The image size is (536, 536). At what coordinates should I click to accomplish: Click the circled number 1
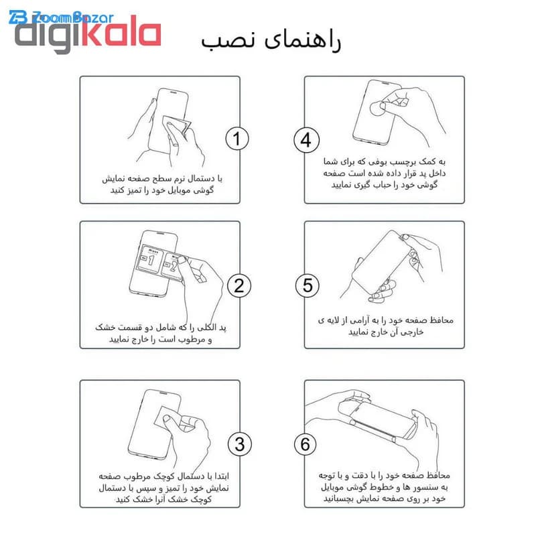click(x=237, y=139)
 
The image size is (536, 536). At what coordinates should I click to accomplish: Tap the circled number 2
click(x=239, y=286)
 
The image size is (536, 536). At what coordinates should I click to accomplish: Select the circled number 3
click(x=240, y=444)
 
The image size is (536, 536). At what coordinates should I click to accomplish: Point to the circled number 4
click(x=307, y=140)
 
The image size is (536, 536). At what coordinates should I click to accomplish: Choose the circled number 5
click(x=308, y=286)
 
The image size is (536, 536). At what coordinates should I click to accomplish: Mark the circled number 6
click(x=306, y=444)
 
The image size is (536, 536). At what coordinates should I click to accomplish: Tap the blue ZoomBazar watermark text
click(x=62, y=17)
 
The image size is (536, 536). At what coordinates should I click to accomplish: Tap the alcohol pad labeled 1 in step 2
click(x=149, y=259)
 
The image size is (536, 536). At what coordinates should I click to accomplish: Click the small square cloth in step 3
click(x=168, y=418)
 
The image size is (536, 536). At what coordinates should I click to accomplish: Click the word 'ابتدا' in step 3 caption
click(x=220, y=476)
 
